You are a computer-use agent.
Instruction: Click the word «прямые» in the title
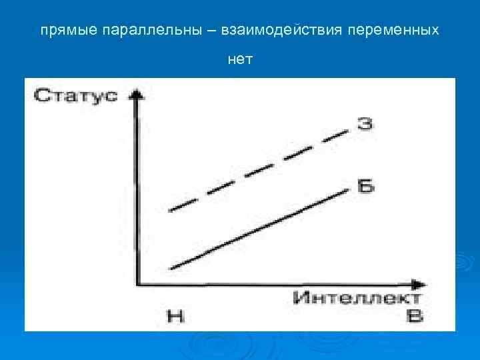61,31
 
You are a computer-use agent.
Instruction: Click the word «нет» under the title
240,59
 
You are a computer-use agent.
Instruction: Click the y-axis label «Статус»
75,95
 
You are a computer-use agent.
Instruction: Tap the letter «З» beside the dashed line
364,124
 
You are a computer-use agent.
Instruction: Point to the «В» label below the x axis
415,315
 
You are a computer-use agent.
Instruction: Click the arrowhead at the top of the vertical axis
137,93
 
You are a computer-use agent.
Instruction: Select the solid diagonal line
260,229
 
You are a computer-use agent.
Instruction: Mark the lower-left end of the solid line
172,268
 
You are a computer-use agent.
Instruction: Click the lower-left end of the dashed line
171,210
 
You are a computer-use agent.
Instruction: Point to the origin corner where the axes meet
137,283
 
